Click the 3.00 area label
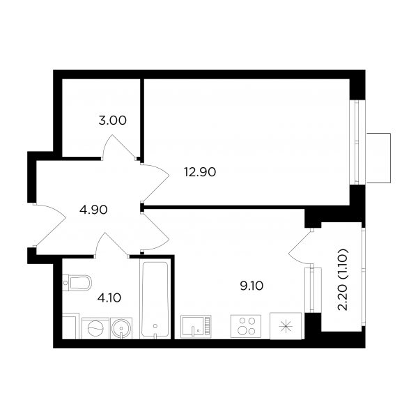click(112, 121)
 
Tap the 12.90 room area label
click(200, 172)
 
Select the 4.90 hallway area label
click(93, 210)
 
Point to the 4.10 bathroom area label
click(109, 297)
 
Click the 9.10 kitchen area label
click(251, 286)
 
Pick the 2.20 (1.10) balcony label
click(343, 279)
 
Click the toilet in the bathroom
click(77, 282)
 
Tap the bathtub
click(155, 300)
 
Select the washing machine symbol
click(95, 328)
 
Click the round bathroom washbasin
click(121, 328)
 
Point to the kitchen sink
click(196, 326)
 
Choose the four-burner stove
click(246, 326)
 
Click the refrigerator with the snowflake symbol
click(286, 326)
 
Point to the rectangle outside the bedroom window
click(378, 158)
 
